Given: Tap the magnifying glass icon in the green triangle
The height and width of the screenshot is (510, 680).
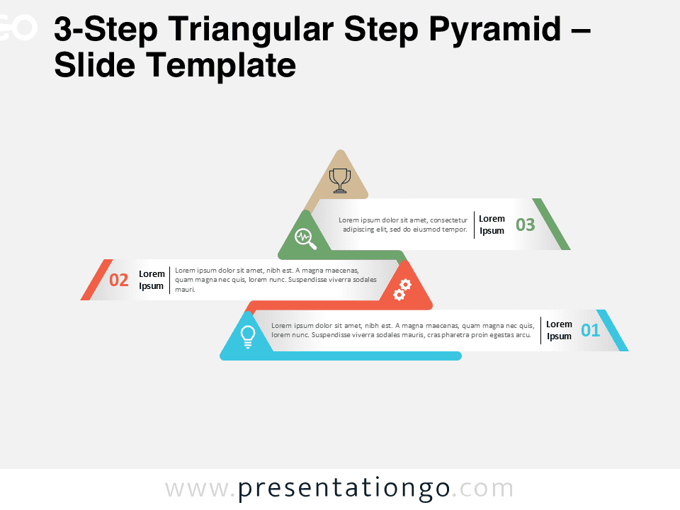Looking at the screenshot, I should pos(305,239).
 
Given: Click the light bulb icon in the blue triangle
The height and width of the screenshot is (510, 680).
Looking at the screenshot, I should pos(248,336).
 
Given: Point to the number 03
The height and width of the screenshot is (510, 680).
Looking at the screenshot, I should pos(525,225).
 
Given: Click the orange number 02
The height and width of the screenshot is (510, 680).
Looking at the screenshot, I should pos(119,280).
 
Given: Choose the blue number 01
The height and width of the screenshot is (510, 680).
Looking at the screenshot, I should pos(590,330).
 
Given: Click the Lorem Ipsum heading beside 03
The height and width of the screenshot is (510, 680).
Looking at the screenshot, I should pos(492,225).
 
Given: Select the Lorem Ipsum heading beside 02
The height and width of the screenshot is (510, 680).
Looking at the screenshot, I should pos(152,280).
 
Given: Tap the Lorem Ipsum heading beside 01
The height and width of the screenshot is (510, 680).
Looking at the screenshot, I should pos(559,330).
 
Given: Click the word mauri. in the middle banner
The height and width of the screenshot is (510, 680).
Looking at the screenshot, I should pos(185,290).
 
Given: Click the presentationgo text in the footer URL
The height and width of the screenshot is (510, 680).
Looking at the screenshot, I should pos(344,489).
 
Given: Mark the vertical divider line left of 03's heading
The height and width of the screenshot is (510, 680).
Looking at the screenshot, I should pos(474,225).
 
